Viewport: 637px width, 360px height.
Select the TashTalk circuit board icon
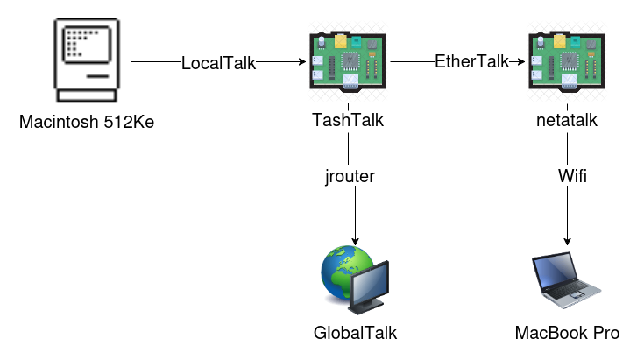coord(348,62)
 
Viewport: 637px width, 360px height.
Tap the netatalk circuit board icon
coord(566,62)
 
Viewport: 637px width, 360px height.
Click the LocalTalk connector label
coord(217,63)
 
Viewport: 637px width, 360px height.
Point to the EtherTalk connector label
coord(472,63)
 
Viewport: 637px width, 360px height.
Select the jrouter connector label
coord(349,177)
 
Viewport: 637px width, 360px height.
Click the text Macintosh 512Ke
coord(86,122)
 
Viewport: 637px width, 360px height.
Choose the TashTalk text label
coord(348,122)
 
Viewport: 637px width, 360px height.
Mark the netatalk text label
coord(566,122)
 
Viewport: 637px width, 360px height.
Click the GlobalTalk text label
coord(349,333)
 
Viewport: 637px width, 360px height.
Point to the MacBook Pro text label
coord(567,333)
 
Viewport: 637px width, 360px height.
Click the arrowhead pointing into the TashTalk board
coord(301,63)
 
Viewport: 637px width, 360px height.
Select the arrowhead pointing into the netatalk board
coord(520,63)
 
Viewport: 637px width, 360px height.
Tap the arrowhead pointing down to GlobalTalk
coord(356,241)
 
